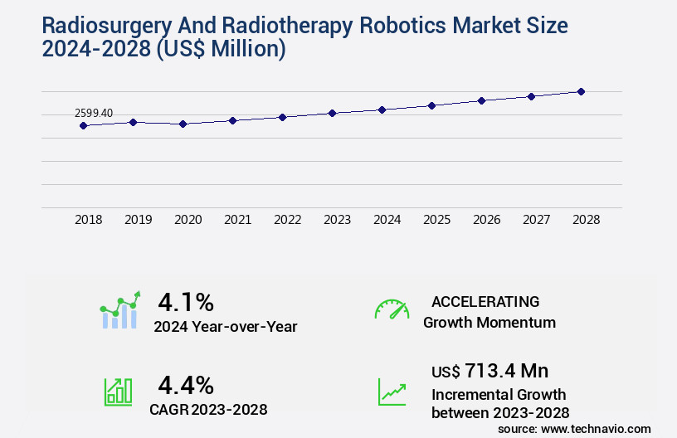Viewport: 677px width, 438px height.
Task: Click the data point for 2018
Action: click(x=83, y=125)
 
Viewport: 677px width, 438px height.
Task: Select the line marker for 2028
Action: click(x=581, y=91)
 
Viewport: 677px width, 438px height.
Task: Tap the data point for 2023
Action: click(x=332, y=113)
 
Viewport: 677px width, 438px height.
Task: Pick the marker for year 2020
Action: click(x=183, y=124)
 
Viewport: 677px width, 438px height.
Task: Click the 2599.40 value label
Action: click(x=94, y=113)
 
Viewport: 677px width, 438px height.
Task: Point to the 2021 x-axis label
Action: click(x=237, y=220)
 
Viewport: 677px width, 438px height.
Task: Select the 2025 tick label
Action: click(x=436, y=220)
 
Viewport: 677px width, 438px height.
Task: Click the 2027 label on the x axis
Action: click(x=536, y=220)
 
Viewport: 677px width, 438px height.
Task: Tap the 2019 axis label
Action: click(x=138, y=220)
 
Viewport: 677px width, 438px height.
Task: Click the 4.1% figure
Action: click(x=186, y=301)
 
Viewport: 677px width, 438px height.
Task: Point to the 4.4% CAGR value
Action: click(x=186, y=385)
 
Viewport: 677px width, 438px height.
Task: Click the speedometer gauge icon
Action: click(x=392, y=309)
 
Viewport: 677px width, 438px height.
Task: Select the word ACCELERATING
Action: click(x=485, y=301)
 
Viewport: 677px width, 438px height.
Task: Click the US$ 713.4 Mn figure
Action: click(x=489, y=370)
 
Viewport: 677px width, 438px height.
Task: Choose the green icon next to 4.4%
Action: click(x=118, y=392)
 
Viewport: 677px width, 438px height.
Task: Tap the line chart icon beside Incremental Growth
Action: click(x=392, y=392)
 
